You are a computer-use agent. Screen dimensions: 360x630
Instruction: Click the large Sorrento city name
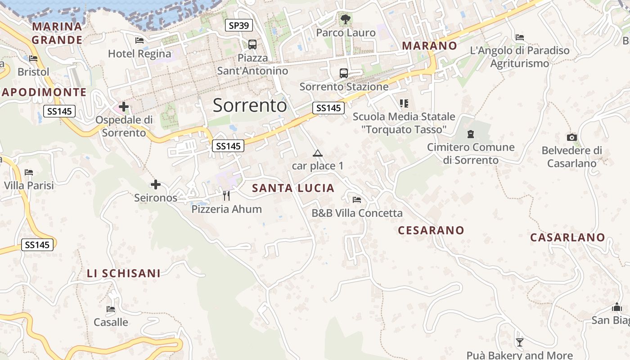[x=250, y=105]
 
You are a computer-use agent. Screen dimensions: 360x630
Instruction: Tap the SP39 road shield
[x=238, y=26]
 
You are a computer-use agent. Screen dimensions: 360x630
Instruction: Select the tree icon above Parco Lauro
[x=345, y=19]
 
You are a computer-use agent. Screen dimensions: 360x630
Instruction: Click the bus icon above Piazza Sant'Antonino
[x=252, y=45]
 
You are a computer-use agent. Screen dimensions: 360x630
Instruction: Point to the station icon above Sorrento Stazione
[x=344, y=73]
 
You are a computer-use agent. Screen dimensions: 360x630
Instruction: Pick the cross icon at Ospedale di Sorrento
[x=124, y=107]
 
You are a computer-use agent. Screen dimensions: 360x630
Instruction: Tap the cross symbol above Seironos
[x=156, y=184]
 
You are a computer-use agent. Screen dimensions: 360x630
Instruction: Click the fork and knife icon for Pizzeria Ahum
[x=226, y=196]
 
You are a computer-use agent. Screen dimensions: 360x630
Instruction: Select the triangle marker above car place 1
[x=318, y=153]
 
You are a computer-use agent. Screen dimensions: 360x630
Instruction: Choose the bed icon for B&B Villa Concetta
[x=357, y=199]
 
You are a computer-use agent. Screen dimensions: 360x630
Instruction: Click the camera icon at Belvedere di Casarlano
[x=571, y=137]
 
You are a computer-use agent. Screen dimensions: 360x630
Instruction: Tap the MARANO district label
[x=429, y=45]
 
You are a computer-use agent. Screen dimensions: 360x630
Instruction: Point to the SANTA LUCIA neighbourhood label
[x=293, y=188]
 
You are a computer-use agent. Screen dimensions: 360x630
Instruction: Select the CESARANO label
[x=431, y=230]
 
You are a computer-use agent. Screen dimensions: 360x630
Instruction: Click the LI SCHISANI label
[x=124, y=273]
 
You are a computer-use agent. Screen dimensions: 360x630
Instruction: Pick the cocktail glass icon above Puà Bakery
[x=520, y=342]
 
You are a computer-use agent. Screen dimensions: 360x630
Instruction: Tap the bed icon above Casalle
[x=111, y=309]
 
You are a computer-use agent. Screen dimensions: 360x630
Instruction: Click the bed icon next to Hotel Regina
[x=139, y=40]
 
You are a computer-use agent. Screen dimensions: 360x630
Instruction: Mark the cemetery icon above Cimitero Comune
[x=471, y=134]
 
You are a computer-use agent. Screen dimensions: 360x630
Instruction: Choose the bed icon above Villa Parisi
[x=29, y=172]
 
